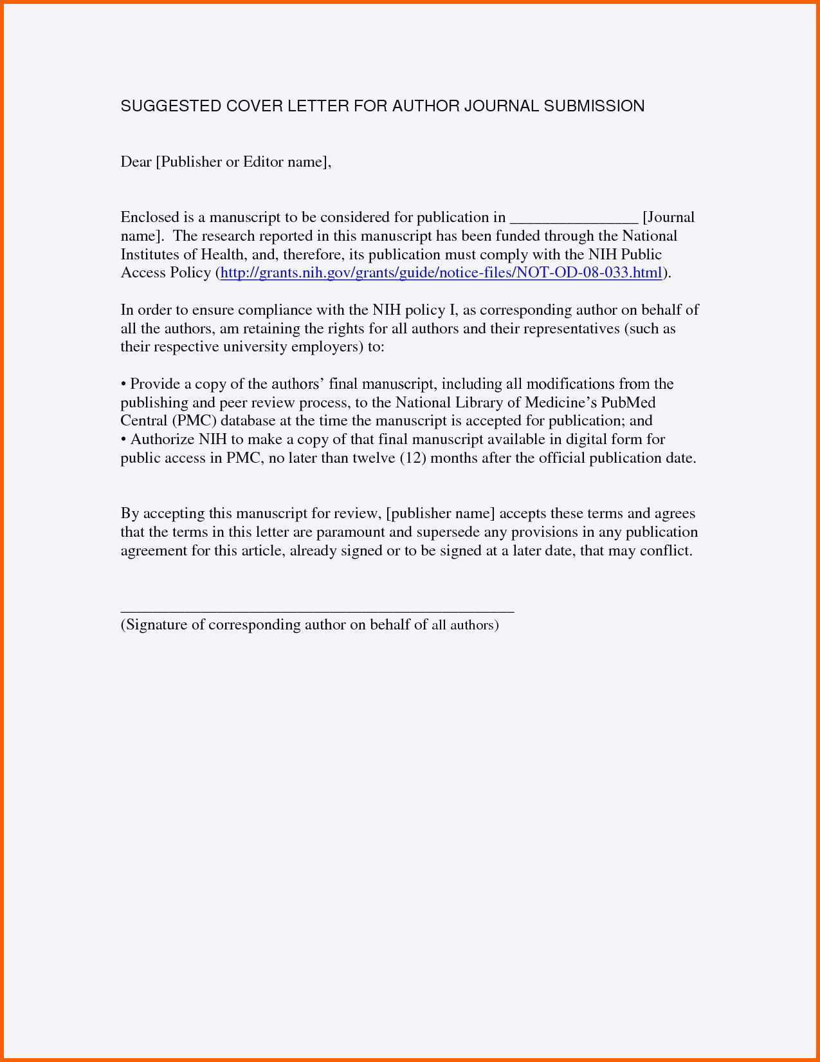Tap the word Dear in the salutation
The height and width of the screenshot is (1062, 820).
tap(136, 162)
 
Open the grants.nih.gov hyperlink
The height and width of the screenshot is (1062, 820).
tap(441, 273)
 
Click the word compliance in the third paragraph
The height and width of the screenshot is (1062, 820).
tap(275, 310)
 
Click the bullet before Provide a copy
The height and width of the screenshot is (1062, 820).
tap(123, 385)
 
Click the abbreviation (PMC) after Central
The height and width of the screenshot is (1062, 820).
tap(194, 421)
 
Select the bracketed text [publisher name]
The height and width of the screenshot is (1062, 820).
tap(441, 514)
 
